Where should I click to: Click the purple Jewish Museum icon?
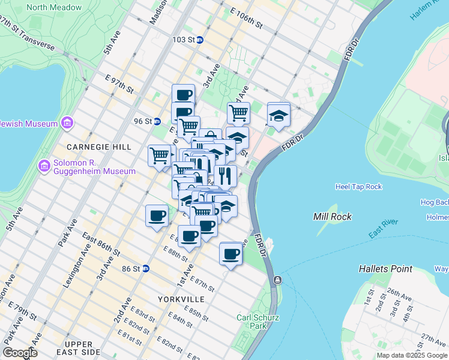point(66,124)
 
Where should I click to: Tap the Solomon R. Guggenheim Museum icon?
point(43,165)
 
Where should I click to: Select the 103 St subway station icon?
point(200,40)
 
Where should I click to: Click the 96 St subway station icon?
point(157,121)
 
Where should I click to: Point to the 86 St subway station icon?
point(145,269)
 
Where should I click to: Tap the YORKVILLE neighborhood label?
point(181,299)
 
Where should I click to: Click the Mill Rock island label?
point(332,216)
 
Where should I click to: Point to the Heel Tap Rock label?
point(358,187)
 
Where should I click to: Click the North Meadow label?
point(54,8)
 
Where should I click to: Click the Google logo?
point(20,353)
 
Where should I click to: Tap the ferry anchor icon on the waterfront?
point(277,280)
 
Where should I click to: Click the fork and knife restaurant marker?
point(225,175)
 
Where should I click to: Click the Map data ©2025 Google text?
point(411,355)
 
